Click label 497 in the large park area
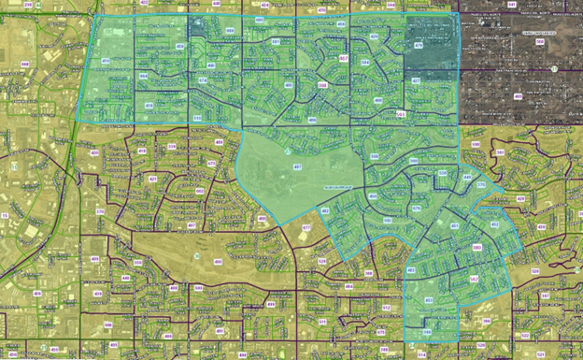tap(296, 166)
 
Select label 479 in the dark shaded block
tap(418, 45)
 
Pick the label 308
tap(322, 84)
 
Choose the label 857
tap(344, 58)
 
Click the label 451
tap(454, 226)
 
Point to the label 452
tap(495, 225)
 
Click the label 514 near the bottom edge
tap(420, 354)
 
